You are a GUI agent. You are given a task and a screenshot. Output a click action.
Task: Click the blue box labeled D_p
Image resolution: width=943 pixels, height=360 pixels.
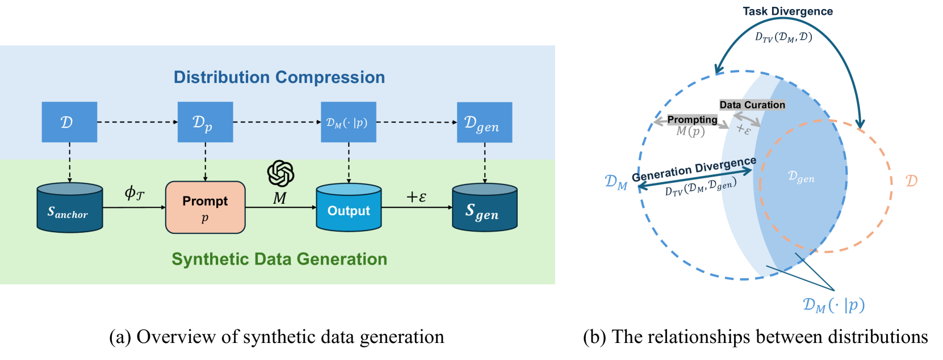pyautogui.click(x=205, y=122)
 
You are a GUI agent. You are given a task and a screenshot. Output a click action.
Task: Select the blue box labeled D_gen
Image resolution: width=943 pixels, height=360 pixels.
pyautogui.click(x=484, y=122)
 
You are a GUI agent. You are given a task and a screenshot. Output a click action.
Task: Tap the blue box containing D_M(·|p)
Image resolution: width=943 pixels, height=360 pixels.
pyautogui.click(x=349, y=122)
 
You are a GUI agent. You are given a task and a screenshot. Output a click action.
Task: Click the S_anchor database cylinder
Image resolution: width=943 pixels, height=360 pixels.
pyautogui.click(x=70, y=208)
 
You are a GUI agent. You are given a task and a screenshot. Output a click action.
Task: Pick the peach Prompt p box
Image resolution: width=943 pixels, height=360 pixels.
pyautogui.click(x=206, y=208)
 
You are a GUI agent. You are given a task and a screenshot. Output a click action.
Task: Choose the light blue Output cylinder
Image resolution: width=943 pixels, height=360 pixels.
pyautogui.click(x=349, y=208)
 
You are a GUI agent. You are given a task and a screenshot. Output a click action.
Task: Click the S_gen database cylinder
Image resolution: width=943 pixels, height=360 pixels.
pyautogui.click(x=485, y=208)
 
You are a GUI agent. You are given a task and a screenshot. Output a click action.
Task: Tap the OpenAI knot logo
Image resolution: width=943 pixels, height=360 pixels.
pyautogui.click(x=281, y=173)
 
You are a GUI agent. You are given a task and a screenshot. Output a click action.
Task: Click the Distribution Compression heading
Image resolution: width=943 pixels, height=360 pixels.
pyautogui.click(x=279, y=77)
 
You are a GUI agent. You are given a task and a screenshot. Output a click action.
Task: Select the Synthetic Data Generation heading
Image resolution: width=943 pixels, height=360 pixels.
pyautogui.click(x=279, y=259)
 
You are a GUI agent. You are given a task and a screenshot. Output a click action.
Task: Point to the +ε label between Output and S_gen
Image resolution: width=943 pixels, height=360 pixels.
pyautogui.click(x=417, y=196)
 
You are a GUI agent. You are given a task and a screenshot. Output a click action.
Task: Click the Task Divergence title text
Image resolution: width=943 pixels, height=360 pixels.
pyautogui.click(x=787, y=11)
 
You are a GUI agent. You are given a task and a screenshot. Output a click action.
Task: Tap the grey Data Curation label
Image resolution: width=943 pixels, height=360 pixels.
pyautogui.click(x=752, y=105)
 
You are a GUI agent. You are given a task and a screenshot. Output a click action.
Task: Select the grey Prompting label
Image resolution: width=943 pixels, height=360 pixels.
pyautogui.click(x=693, y=120)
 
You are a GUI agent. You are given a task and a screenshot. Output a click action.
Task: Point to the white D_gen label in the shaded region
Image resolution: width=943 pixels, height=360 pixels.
pyautogui.click(x=801, y=177)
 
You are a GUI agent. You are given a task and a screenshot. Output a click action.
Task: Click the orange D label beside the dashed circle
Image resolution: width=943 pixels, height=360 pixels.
pyautogui.click(x=911, y=181)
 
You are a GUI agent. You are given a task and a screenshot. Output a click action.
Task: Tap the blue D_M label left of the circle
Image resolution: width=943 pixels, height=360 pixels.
pyautogui.click(x=616, y=182)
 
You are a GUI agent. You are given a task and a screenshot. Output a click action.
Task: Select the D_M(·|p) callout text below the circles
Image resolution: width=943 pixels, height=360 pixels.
pyautogui.click(x=834, y=305)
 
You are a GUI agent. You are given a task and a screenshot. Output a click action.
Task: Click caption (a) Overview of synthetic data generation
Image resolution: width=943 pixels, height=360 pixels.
pyautogui.click(x=276, y=337)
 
